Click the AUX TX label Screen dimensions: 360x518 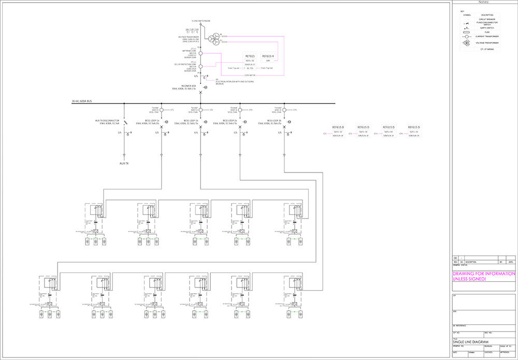click(124, 163)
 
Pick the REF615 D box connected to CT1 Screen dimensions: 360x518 click(339, 127)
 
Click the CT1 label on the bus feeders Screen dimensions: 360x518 click(172, 110)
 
